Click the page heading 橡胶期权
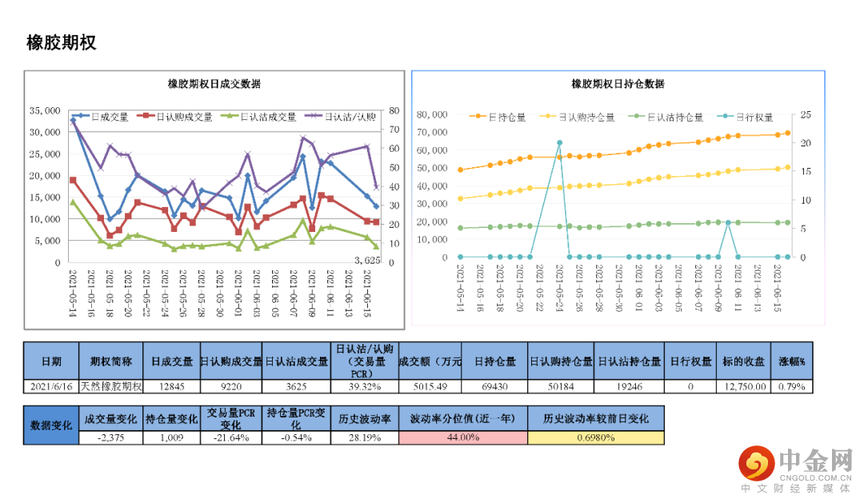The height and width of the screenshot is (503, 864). pyautogui.click(x=62, y=43)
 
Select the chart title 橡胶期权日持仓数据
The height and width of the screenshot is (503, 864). pyautogui.click(x=618, y=84)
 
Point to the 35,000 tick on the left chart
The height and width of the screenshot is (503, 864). pyautogui.click(x=44, y=110)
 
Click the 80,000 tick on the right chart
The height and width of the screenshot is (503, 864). pyautogui.click(x=432, y=114)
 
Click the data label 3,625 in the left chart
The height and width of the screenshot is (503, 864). pyautogui.click(x=367, y=261)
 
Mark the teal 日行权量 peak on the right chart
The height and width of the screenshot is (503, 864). pyautogui.click(x=559, y=142)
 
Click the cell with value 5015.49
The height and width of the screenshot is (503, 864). pyautogui.click(x=430, y=386)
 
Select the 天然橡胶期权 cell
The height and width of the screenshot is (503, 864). pyautogui.click(x=111, y=386)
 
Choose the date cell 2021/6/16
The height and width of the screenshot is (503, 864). pyautogui.click(x=51, y=386)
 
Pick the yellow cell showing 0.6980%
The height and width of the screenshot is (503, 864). pyautogui.click(x=595, y=437)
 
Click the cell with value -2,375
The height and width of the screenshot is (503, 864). pyautogui.click(x=110, y=437)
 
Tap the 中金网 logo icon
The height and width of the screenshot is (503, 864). pyautogui.click(x=756, y=463)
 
